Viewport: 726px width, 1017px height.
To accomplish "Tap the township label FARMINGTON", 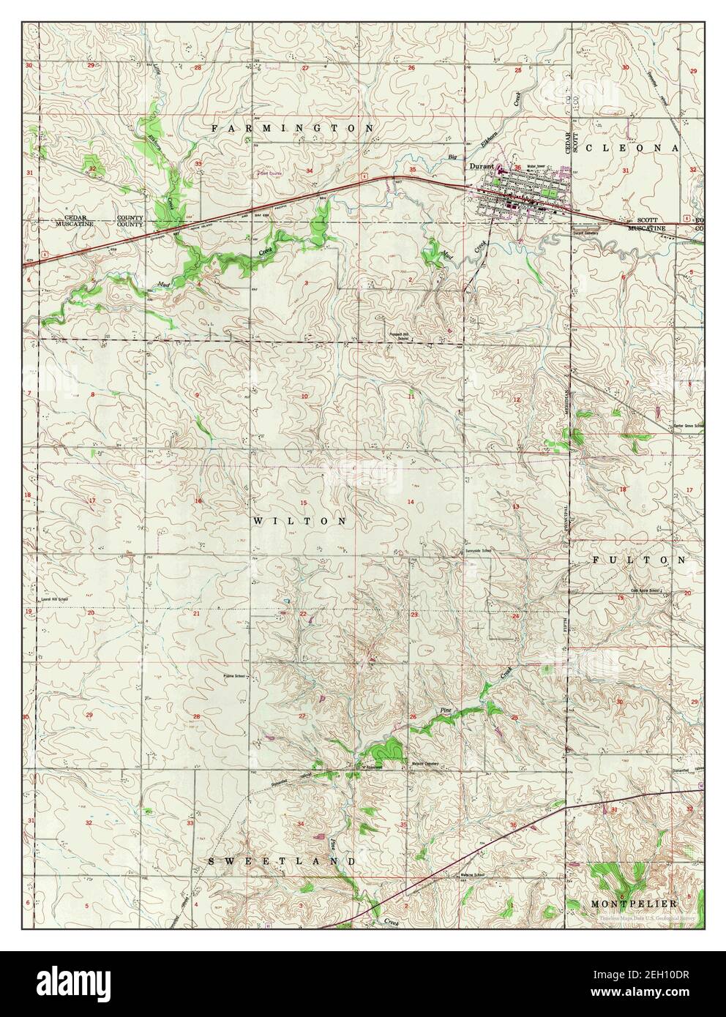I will coord(293,127).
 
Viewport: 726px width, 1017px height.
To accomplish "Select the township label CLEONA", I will coord(642,148).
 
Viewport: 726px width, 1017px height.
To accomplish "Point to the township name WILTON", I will coord(300,521).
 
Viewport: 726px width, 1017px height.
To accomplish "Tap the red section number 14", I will coord(411,501).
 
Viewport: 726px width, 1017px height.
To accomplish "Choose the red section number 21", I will coord(196,613).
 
